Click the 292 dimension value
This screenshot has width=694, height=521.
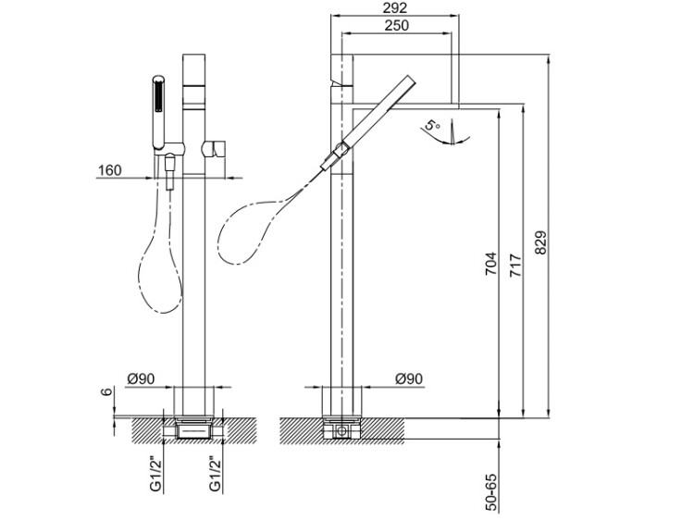[x=395, y=7]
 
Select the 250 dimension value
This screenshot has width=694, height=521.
[x=397, y=25]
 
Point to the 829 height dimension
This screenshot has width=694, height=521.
[x=540, y=242]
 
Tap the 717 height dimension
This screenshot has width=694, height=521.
[x=515, y=266]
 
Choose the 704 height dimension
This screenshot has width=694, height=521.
[x=491, y=265]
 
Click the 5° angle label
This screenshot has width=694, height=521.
[x=432, y=125]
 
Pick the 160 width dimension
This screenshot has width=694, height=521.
[x=109, y=170]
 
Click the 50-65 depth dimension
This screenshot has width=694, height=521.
[x=491, y=492]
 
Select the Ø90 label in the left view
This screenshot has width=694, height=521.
[x=141, y=378]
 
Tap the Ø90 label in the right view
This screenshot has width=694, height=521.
[x=409, y=378]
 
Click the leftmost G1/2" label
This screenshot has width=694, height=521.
[x=155, y=474]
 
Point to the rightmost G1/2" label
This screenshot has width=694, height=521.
[x=215, y=474]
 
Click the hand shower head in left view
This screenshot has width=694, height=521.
[x=158, y=112]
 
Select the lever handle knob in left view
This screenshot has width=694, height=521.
[x=214, y=150]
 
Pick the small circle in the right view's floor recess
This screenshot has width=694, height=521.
[x=341, y=430]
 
